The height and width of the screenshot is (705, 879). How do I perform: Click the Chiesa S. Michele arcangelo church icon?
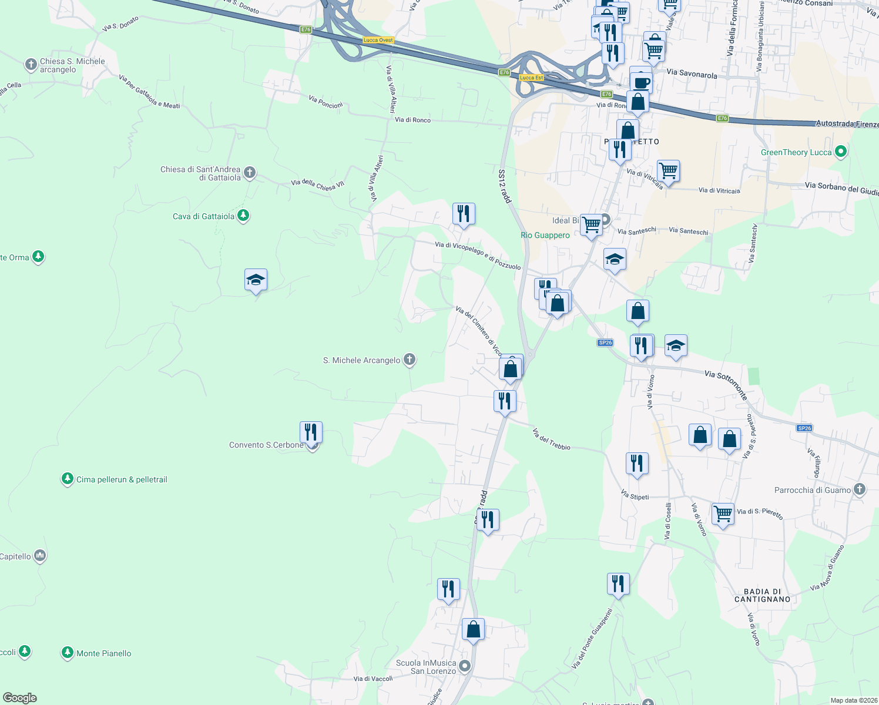(x=31, y=64)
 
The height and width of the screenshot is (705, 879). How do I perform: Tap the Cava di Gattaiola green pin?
(x=243, y=216)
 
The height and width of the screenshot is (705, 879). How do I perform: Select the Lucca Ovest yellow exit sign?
(x=378, y=40)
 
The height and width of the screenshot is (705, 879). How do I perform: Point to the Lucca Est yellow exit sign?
(x=531, y=78)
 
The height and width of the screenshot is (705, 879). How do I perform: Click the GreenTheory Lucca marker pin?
(x=841, y=152)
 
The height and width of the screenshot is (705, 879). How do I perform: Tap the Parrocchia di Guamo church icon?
(x=860, y=489)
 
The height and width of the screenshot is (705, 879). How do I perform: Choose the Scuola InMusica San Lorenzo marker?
(x=465, y=666)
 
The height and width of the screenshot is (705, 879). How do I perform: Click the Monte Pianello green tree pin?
(x=68, y=653)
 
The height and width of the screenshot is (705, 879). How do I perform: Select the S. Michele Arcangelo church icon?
(x=410, y=360)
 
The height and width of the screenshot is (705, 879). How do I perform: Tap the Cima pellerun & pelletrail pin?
(x=68, y=479)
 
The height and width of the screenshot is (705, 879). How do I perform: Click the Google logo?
(x=20, y=698)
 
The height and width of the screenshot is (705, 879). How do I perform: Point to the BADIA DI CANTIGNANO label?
(x=762, y=595)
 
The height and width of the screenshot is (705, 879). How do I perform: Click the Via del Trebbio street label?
(x=551, y=439)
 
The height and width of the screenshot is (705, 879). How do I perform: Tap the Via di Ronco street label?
(x=412, y=120)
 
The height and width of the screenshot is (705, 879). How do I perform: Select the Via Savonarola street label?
(x=692, y=74)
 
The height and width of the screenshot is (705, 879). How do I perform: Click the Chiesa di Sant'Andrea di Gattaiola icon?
(x=250, y=172)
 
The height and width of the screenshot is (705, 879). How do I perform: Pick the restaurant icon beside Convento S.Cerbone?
(x=311, y=432)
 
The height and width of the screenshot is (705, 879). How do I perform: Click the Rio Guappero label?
(x=545, y=235)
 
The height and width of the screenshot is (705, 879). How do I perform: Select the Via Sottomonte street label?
(x=726, y=385)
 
